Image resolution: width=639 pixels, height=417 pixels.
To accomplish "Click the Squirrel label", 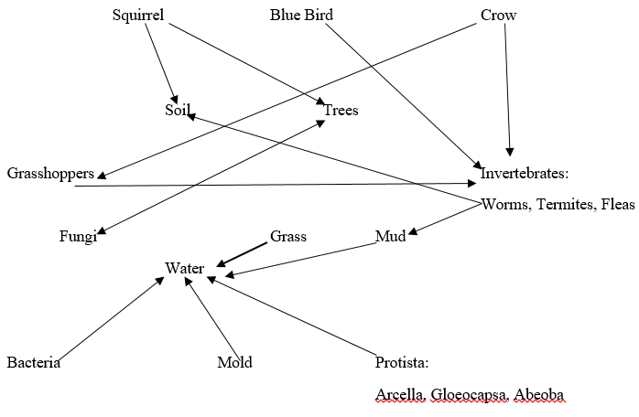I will (138, 16).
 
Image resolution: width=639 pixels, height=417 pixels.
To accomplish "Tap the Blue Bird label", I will (302, 16).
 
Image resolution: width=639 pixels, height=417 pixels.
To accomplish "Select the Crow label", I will (498, 16).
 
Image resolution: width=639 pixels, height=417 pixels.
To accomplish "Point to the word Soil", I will (177, 110).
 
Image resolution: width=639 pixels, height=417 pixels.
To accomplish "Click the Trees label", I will (341, 111).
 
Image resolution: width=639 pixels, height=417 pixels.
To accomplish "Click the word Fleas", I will (617, 204).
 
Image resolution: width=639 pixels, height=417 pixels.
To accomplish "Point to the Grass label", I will (288, 236).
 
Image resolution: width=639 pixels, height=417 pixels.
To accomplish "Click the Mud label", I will (390, 237).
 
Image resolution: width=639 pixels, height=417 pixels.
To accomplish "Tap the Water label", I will (184, 268).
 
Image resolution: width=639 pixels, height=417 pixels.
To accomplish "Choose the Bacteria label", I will (34, 363).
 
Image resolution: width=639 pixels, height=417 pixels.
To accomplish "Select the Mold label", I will (234, 363).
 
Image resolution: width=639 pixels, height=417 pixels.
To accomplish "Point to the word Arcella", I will (396, 394).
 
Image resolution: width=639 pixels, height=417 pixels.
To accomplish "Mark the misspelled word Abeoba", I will (544, 394).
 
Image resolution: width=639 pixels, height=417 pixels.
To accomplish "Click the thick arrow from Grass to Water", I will (243, 253).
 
